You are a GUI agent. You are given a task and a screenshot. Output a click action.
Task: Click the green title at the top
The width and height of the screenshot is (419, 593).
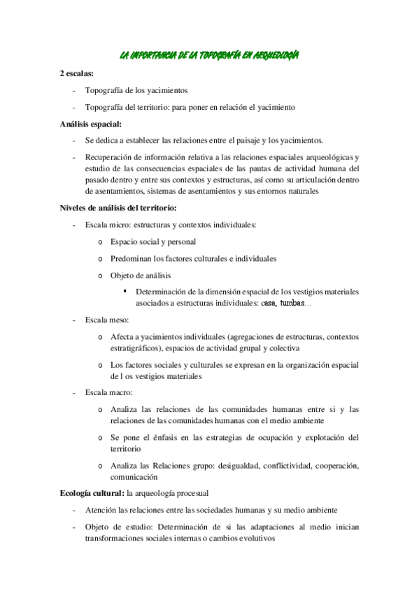pos(210,55)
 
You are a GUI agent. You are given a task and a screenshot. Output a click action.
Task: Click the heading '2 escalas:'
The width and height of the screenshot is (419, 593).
pos(78,73)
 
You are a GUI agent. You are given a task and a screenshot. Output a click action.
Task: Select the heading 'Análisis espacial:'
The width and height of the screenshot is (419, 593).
pos(91,124)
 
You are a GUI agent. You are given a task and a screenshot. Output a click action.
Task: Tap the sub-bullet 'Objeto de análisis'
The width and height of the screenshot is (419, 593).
pos(141,275)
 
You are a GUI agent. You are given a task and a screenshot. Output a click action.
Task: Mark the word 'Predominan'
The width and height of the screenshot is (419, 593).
pos(131,258)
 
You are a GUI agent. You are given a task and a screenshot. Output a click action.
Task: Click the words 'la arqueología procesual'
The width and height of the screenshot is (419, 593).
pos(172,493)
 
